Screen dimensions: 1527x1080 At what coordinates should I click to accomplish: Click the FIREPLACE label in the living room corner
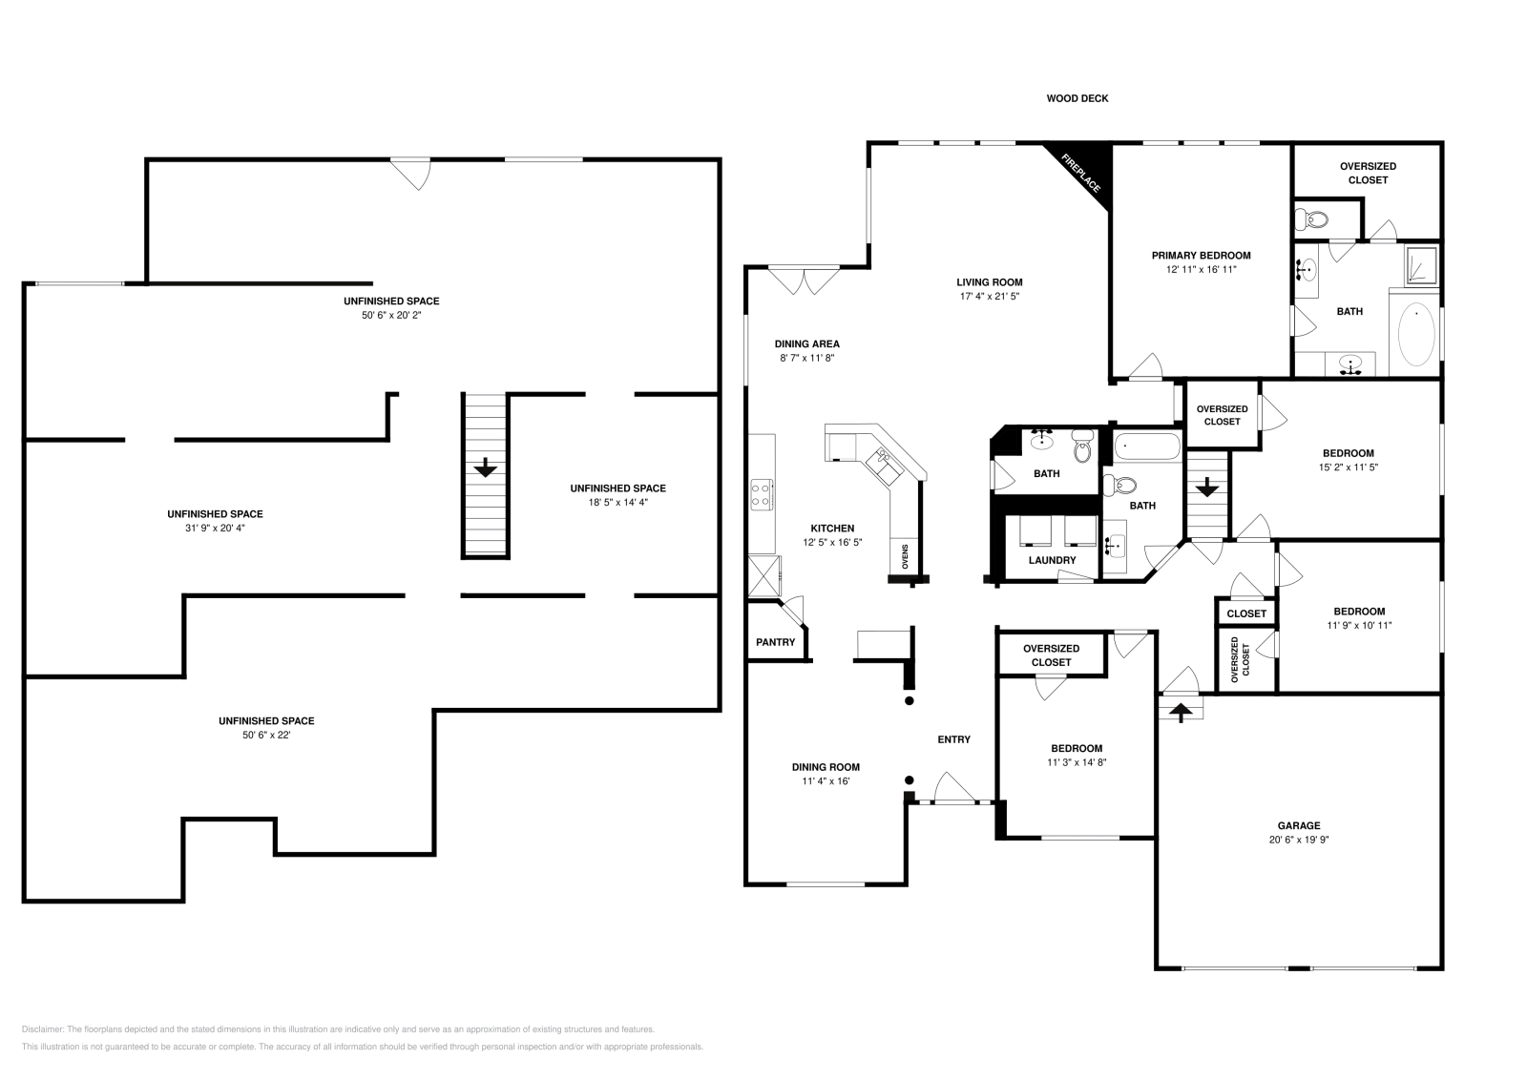[1081, 173]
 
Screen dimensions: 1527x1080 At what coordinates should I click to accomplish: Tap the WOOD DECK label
[1077, 99]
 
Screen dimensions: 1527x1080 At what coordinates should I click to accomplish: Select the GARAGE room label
[1299, 826]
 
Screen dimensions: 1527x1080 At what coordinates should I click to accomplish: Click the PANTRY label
[776, 642]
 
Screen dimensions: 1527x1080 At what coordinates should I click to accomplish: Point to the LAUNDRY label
[1052, 560]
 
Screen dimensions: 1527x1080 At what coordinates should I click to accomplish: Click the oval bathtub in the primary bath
[1416, 335]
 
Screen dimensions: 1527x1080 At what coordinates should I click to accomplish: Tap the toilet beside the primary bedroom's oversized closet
[1311, 219]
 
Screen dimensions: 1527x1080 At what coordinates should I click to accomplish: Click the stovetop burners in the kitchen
[761, 495]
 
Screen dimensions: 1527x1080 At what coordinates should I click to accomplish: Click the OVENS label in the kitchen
[906, 556]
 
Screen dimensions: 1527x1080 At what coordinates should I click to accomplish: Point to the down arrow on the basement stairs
[485, 467]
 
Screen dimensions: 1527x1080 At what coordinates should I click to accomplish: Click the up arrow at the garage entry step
[1181, 712]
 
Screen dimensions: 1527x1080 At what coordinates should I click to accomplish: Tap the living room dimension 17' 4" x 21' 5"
[989, 297]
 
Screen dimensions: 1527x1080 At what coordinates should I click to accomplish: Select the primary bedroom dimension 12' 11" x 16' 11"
[1202, 270]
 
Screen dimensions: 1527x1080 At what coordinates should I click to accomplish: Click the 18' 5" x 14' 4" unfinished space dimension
[617, 503]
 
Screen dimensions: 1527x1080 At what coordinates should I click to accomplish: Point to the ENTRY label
[953, 739]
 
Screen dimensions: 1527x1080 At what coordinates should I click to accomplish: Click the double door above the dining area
[804, 280]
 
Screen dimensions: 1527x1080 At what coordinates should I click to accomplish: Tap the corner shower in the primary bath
[1421, 266]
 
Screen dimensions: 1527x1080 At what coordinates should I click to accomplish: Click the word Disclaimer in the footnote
[42, 1029]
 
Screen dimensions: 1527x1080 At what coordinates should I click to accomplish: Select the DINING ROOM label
[826, 767]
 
